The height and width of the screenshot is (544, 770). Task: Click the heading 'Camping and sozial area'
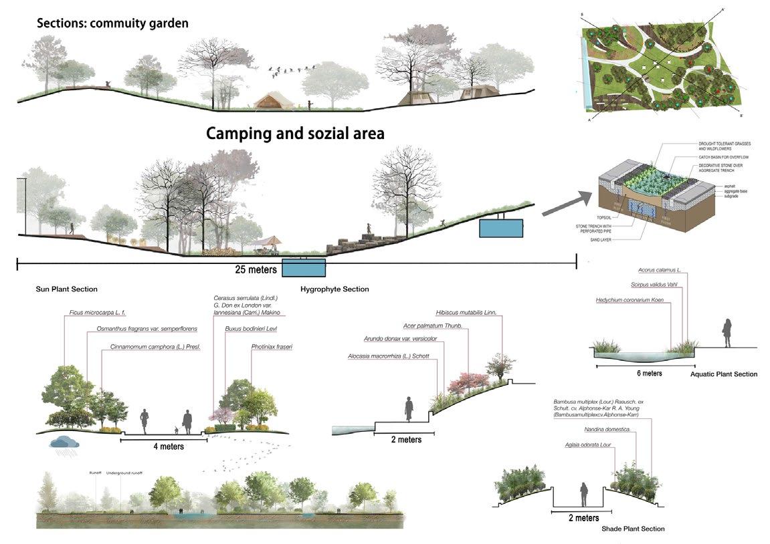295,133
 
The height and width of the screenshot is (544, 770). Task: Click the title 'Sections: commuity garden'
112,23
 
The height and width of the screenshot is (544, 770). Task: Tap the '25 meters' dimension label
251,271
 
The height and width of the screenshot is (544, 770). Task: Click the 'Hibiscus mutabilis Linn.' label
466,312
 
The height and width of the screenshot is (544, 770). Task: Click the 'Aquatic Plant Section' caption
723,374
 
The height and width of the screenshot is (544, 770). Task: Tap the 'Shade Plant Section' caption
633,529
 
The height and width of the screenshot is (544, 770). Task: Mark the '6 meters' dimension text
649,373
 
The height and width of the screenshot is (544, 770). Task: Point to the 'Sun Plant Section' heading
67,289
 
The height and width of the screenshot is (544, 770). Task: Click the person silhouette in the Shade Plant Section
584,495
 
